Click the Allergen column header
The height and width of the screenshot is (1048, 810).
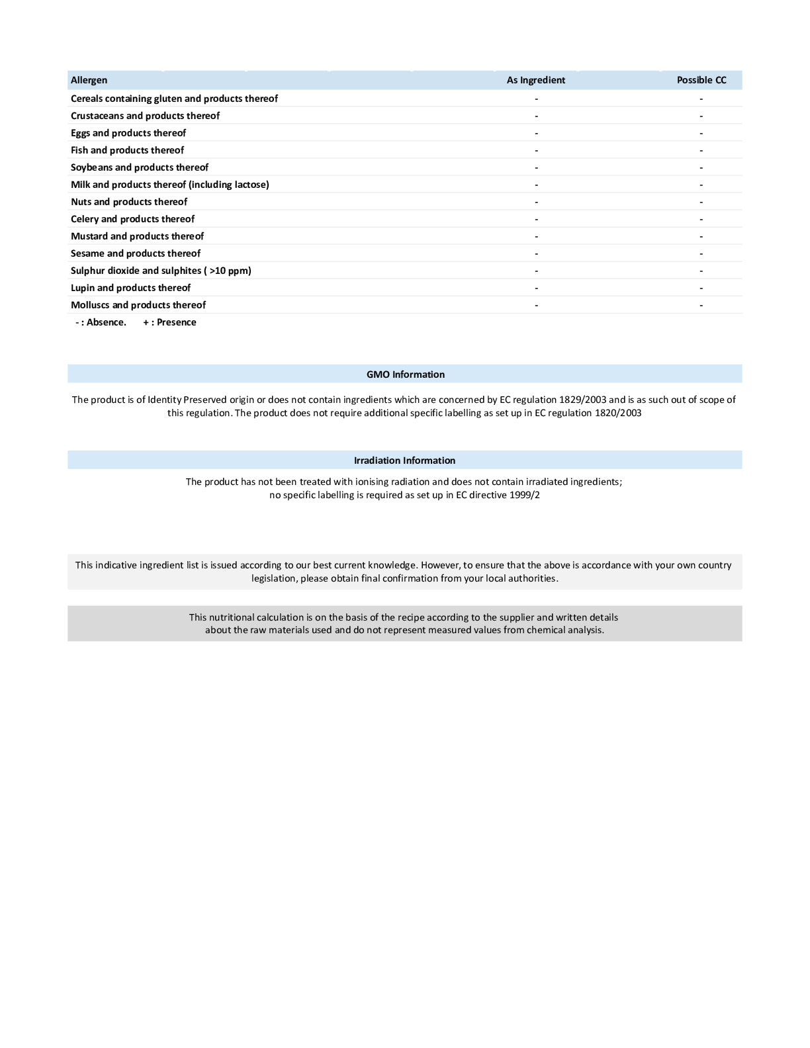89,80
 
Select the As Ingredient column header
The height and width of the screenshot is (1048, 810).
536,80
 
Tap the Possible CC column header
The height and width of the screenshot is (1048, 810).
701,80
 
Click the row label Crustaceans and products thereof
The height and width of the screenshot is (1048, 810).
145,116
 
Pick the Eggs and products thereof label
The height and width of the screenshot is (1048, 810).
128,133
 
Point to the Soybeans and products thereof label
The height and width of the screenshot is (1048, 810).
140,167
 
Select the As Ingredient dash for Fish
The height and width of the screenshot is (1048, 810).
537,151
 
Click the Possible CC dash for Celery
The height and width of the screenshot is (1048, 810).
701,220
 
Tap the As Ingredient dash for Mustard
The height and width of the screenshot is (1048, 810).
537,237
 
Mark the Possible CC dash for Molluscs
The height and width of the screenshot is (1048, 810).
701,306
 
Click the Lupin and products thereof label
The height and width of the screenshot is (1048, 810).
130,288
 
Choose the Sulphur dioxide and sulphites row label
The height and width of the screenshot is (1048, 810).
161,271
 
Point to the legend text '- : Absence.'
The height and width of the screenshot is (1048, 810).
101,322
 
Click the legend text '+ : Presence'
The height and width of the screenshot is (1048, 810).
170,322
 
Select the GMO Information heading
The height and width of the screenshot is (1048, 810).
406,374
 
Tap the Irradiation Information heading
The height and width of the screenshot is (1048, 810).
404,460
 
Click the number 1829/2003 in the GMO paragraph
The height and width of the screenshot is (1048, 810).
582,400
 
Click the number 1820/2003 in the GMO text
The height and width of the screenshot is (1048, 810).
617,413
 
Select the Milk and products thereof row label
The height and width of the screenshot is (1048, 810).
170,185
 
